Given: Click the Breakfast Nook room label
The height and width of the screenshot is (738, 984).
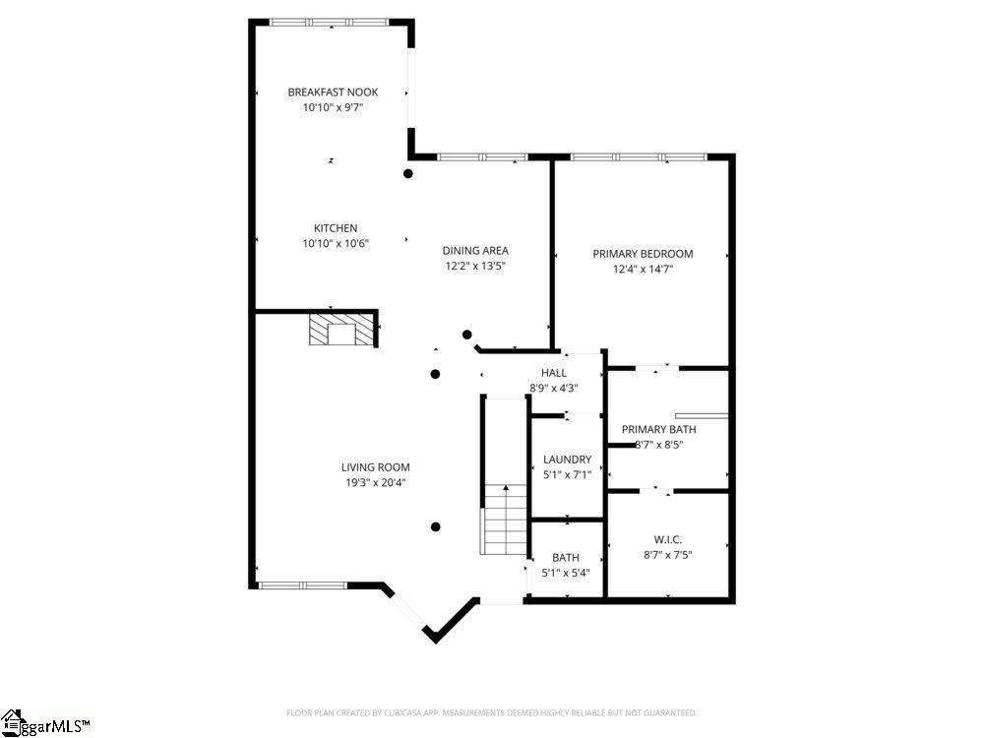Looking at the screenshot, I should pos(333,92).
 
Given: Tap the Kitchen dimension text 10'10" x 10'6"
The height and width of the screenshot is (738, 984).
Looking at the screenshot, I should pos(336,244).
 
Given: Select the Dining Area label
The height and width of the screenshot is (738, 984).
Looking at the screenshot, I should pos(475,251).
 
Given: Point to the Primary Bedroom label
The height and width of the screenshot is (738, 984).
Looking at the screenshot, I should pos(643,254).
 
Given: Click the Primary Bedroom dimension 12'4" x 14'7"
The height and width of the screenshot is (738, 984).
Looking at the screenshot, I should pos(643,269).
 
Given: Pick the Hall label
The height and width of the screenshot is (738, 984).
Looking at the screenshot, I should pos(554,373).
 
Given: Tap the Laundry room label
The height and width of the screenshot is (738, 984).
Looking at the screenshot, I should pos(568,460).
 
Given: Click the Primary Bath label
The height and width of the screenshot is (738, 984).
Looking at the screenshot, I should pos(658,429).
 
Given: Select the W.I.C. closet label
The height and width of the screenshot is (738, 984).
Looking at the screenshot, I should pos(668,539).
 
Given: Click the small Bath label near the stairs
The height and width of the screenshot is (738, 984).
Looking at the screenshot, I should pos(566,558).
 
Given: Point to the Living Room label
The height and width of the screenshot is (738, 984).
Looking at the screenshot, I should pos(376,467).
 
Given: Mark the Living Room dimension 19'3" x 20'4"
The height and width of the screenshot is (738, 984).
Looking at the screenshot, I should pos(376,482).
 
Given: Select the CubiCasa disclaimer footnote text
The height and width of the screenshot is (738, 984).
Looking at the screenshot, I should pos(491,712).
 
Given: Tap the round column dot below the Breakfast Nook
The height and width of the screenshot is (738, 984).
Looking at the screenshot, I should pos(408,174).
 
